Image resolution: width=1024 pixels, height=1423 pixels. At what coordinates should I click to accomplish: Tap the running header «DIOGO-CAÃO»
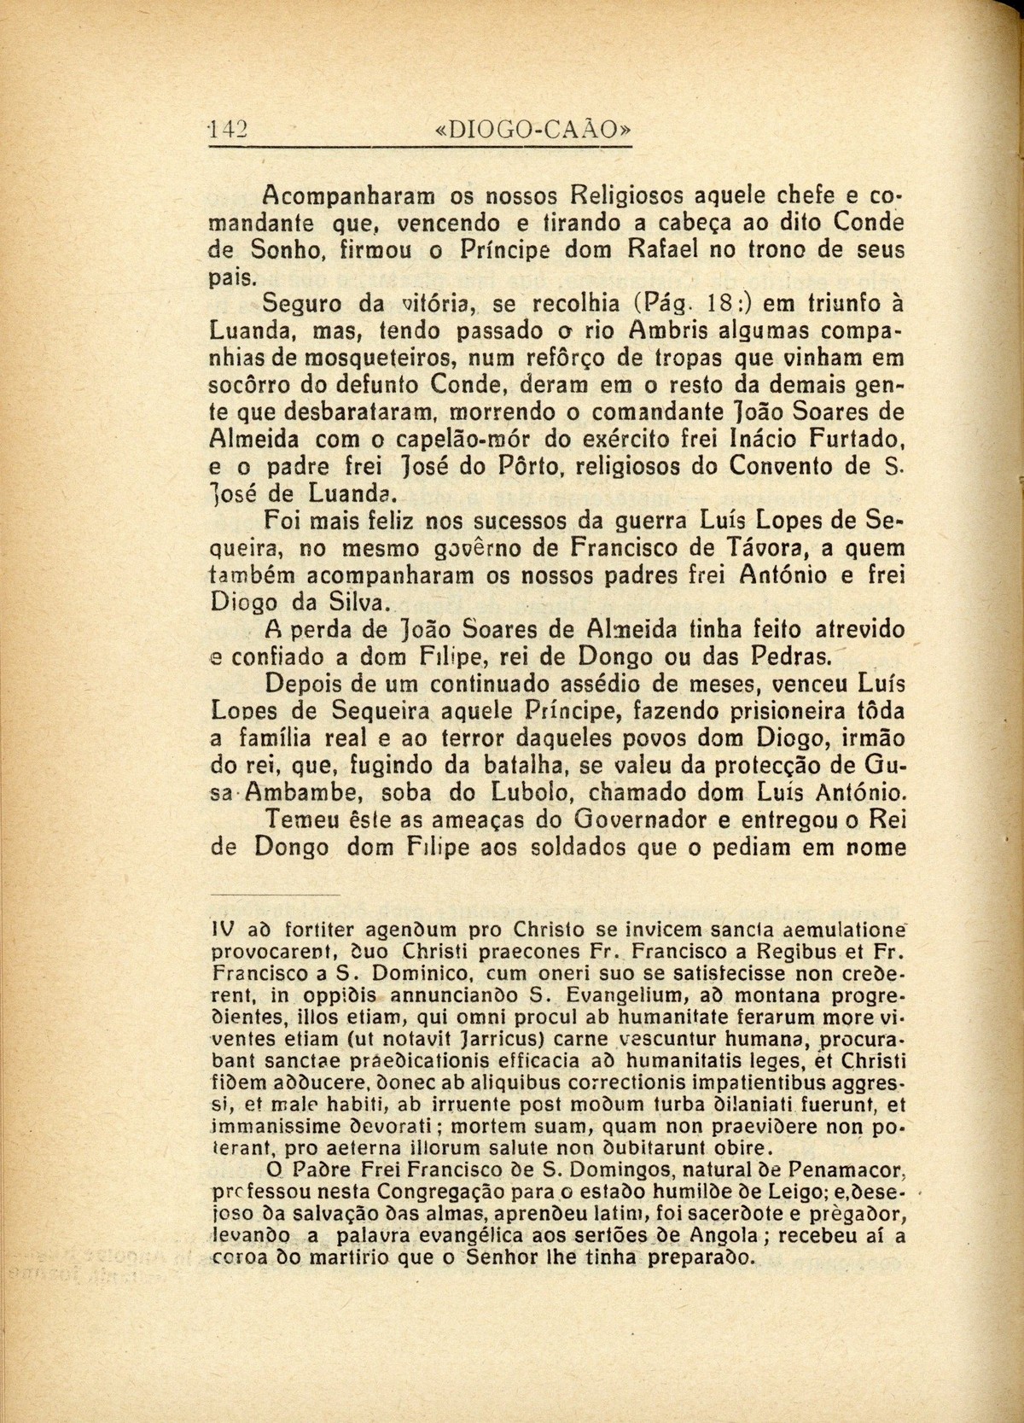point(533,129)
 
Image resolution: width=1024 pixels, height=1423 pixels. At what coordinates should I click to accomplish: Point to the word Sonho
point(291,253)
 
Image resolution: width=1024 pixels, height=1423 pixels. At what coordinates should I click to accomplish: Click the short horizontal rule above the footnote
point(275,895)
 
